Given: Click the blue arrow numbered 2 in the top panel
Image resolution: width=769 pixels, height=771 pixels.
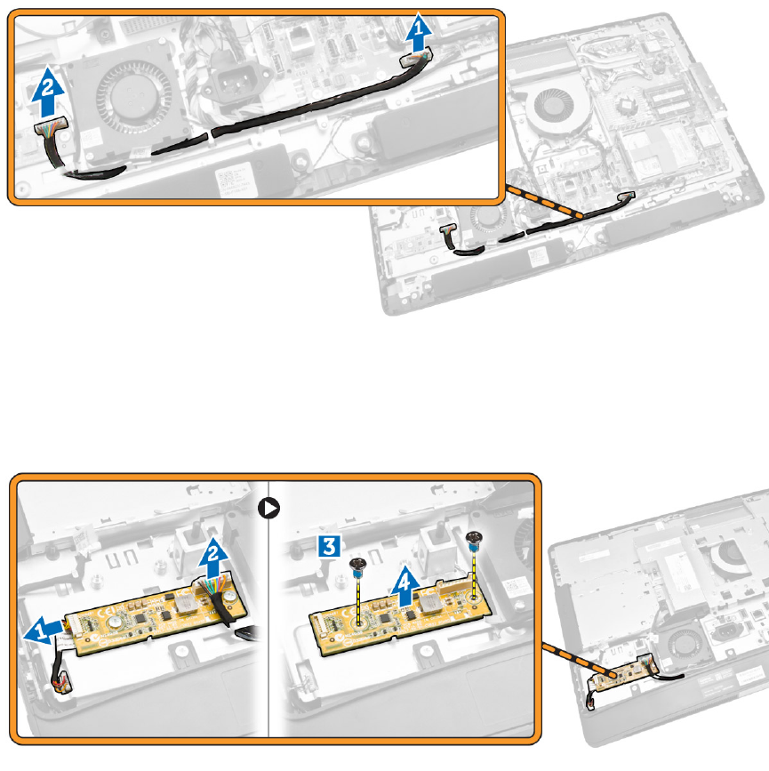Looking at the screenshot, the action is (x=48, y=92).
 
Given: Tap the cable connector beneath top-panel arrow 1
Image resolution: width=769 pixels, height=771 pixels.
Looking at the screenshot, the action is (x=416, y=58).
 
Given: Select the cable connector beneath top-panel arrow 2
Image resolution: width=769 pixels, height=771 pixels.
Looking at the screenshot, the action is (x=50, y=126).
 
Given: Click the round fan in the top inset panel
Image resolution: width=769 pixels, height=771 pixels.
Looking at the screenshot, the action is (x=134, y=97).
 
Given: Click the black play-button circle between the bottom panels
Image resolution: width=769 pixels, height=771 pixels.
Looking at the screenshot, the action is (x=269, y=508).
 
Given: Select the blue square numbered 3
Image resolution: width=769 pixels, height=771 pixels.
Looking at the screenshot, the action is (x=329, y=546).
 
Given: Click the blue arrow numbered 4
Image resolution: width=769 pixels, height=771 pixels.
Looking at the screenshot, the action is (x=405, y=586).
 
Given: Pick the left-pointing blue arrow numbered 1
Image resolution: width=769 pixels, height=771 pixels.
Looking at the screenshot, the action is (x=44, y=630).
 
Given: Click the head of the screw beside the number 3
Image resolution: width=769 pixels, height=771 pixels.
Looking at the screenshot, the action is (x=357, y=565).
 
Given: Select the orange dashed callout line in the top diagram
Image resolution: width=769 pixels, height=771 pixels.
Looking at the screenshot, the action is (x=544, y=201).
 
